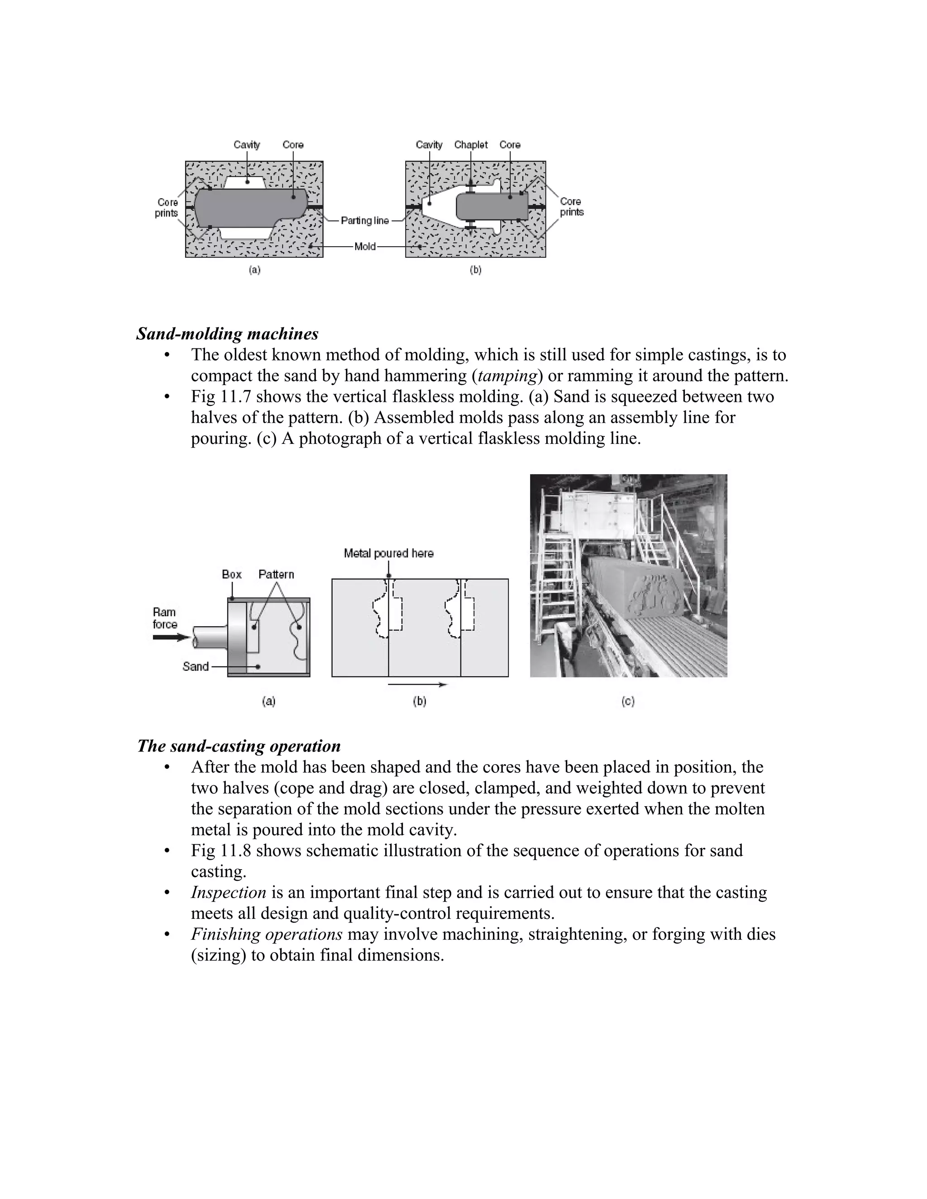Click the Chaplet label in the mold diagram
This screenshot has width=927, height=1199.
coord(471,145)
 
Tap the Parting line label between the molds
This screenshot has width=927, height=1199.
coord(365,221)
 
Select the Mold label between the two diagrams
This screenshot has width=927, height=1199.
coord(365,247)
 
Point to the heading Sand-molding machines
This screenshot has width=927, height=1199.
coord(227,334)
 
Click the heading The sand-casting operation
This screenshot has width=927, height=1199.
coord(239,746)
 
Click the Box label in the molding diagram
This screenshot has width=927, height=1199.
coord(231,574)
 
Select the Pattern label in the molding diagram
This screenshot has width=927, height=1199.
coord(276,574)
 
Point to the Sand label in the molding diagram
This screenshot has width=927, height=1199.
coord(196,666)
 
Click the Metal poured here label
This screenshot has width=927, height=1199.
coord(388,553)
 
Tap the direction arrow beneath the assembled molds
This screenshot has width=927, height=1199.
coord(418,685)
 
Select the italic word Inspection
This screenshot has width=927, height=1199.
coord(229,893)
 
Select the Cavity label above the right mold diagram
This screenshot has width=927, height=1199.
coord(429,145)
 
